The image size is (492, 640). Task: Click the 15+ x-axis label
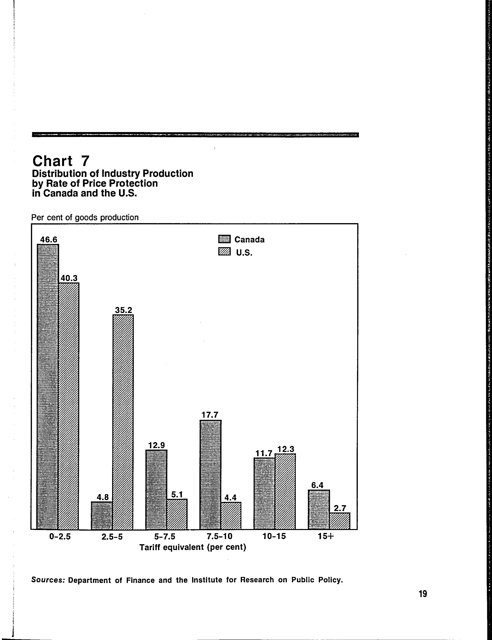click(x=326, y=536)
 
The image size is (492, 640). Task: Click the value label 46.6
click(x=49, y=240)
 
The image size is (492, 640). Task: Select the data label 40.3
click(x=69, y=278)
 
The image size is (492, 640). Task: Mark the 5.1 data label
click(x=177, y=494)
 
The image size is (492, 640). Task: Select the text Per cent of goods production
click(x=85, y=218)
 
